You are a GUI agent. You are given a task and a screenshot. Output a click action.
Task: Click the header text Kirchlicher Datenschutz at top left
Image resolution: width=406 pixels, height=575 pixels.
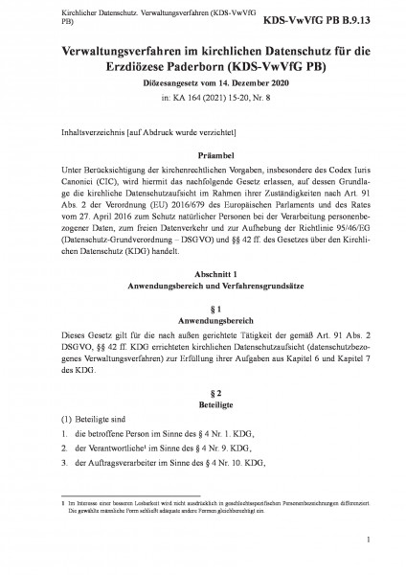coord(77,14)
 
